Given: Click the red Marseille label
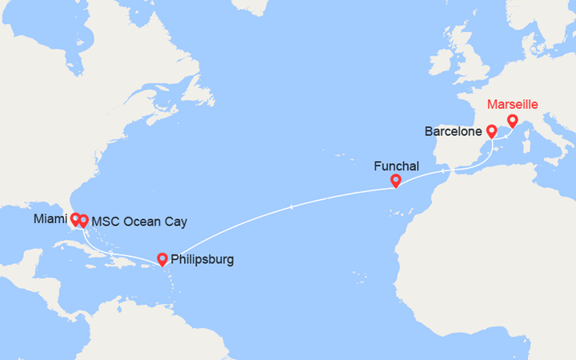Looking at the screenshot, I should tap(513, 105).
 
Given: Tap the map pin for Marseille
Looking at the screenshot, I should tap(513, 122).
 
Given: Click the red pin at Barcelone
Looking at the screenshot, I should tap(491, 131).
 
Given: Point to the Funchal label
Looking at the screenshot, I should tap(396, 166).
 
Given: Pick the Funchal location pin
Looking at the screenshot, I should tap(395, 182).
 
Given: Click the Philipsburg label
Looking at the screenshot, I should tap(202, 259).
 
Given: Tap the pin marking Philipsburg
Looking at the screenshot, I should tap(162, 259).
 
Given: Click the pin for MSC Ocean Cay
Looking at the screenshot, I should tap(83, 221).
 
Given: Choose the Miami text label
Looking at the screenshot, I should tap(50, 218).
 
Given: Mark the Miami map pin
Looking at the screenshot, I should tap(74, 218).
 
